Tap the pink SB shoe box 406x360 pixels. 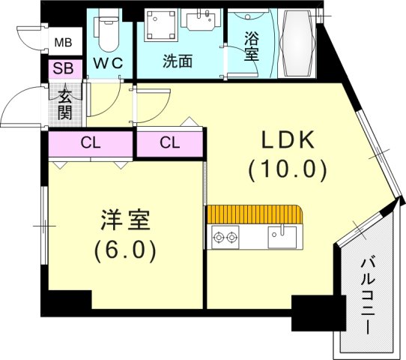click(62, 69)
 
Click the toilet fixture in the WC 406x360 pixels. click(107, 31)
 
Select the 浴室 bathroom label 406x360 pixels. click(251, 45)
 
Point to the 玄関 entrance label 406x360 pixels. click(64, 103)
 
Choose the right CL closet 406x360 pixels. click(169, 142)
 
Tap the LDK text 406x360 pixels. click(288, 141)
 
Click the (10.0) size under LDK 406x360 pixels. click(288, 171)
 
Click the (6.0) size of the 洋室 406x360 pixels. click(125, 250)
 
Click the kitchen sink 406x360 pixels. click(282, 238)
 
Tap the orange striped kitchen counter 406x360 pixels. click(254, 214)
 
